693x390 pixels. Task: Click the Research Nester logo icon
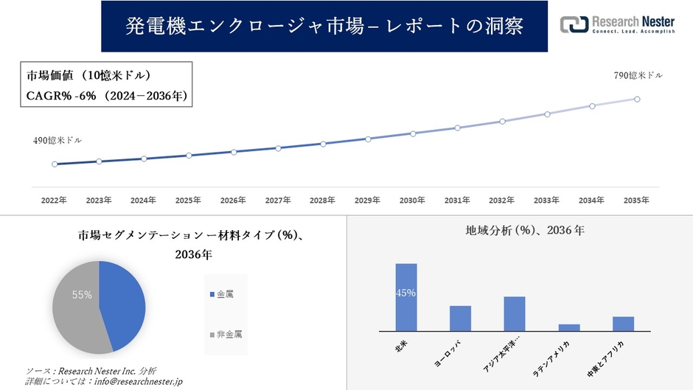pyautogui.click(x=574, y=25)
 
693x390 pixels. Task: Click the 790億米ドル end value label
pyautogui.click(x=638, y=75)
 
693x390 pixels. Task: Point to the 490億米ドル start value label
pyautogui.click(x=58, y=140)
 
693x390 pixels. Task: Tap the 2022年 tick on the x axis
pyautogui.click(x=54, y=200)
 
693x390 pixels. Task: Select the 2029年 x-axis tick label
pyautogui.click(x=367, y=200)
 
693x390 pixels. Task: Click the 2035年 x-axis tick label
pyautogui.click(x=636, y=200)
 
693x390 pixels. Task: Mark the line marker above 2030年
pyautogui.click(x=413, y=133)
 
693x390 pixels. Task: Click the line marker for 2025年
pyautogui.click(x=189, y=156)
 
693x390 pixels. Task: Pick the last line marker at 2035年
pyautogui.click(x=637, y=99)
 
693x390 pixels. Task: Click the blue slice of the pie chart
pyautogui.click(x=122, y=302)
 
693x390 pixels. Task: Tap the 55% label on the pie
pyautogui.click(x=82, y=295)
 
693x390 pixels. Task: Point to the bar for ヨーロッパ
pyautogui.click(x=460, y=318)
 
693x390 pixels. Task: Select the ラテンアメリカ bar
pyautogui.click(x=569, y=327)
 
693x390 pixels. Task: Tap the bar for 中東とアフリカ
pyautogui.click(x=623, y=324)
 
